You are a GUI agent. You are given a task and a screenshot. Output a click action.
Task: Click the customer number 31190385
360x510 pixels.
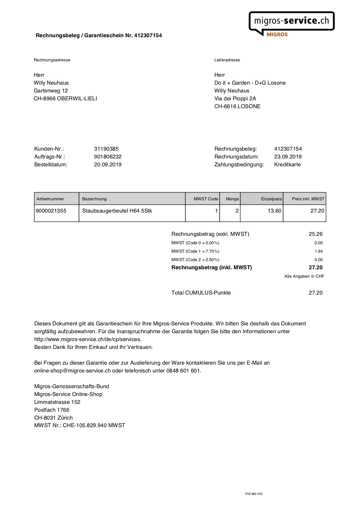tap(106, 149)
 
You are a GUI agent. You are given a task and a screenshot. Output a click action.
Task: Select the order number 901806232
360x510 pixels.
tap(108, 157)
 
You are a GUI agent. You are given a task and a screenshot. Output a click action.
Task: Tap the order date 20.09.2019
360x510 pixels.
tap(108, 165)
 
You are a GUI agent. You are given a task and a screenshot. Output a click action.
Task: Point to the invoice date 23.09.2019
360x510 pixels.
tap(288, 157)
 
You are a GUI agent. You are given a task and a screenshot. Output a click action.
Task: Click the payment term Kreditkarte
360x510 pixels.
tap(287, 165)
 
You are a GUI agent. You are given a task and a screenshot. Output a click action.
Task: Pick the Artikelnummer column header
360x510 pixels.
tap(50, 199)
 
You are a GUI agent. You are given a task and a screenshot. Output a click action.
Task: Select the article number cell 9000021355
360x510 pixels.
tap(51, 211)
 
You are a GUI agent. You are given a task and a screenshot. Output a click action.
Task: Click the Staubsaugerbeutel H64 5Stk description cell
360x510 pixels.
tap(117, 211)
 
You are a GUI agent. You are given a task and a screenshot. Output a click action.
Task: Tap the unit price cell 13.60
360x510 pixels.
tap(274, 211)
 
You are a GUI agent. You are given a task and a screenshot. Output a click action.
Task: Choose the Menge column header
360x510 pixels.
tap(232, 199)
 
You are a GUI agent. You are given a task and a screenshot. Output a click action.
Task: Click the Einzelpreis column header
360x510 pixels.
tap(271, 199)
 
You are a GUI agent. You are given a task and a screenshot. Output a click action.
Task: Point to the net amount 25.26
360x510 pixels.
tap(316, 234)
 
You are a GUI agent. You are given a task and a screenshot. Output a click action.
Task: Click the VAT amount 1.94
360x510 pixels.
tap(318, 251)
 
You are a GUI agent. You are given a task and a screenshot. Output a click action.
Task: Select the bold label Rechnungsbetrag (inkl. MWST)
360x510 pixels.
tap(212, 268)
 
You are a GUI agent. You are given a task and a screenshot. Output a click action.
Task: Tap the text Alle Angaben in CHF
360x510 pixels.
tap(304, 276)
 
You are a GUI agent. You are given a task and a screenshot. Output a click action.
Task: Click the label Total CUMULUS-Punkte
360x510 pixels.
tap(201, 293)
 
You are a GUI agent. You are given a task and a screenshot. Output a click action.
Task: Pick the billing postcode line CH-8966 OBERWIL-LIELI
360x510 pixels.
tap(65, 99)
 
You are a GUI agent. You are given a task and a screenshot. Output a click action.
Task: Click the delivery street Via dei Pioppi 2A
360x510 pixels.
tap(235, 99)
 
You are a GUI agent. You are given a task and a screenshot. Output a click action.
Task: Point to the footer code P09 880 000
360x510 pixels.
tap(254, 494)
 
